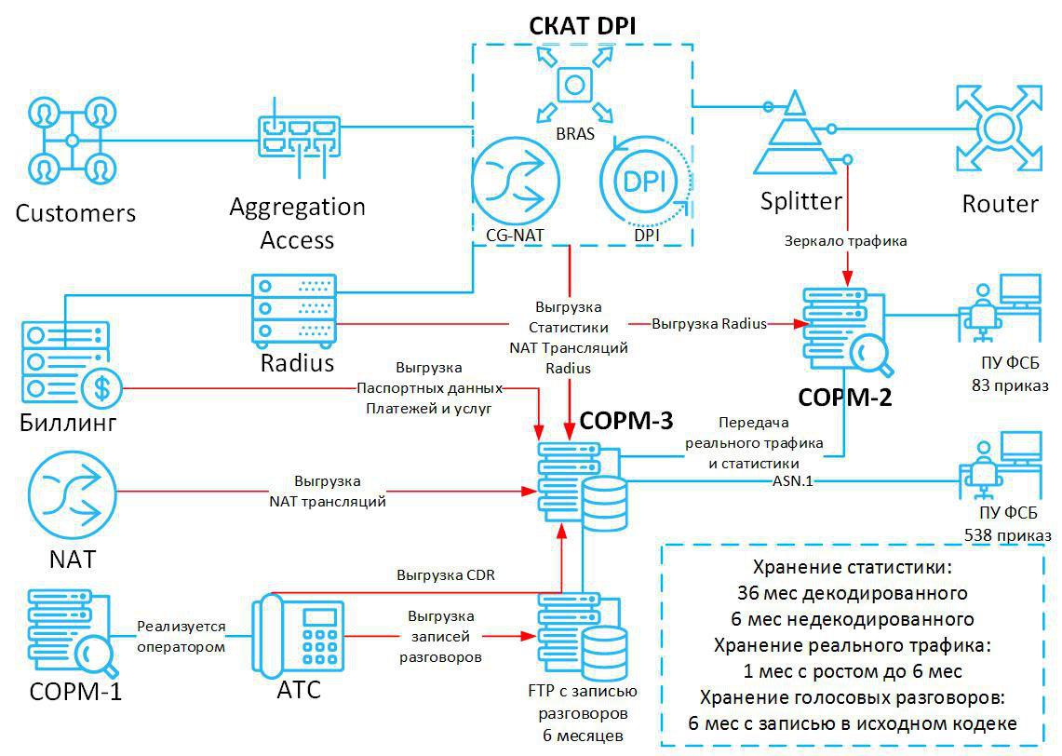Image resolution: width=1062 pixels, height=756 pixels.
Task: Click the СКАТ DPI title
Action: (583, 25)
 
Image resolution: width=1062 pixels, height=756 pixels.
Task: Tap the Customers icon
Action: (72, 141)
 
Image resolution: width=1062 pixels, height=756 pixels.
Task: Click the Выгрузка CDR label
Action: (445, 575)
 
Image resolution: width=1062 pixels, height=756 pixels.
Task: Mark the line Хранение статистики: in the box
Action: (852, 567)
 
